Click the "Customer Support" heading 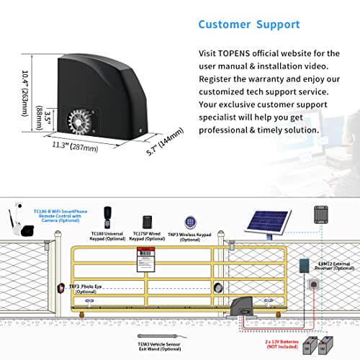248,24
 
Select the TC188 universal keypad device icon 108,215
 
